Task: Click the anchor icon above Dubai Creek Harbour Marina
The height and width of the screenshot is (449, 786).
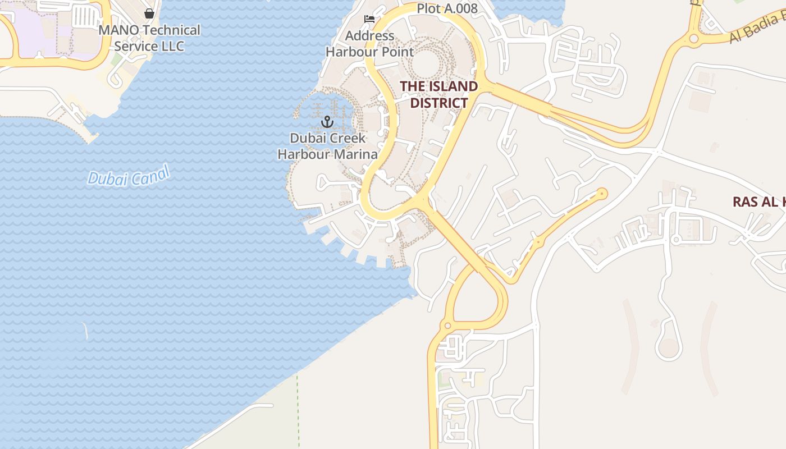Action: (x=327, y=121)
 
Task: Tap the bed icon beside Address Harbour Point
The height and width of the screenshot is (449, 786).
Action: (x=369, y=19)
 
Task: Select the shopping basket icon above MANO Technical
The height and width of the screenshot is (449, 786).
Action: (x=149, y=13)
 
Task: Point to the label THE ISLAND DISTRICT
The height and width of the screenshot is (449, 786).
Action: (x=438, y=94)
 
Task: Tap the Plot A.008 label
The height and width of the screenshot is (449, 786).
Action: (x=447, y=8)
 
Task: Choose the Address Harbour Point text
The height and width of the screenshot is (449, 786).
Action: (x=370, y=44)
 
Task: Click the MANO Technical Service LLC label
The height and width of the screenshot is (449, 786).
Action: (x=149, y=38)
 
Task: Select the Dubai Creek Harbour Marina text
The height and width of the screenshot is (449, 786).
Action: (x=327, y=146)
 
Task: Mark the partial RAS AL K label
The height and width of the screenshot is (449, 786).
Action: (x=758, y=202)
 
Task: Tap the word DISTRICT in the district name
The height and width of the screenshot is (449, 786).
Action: (x=438, y=103)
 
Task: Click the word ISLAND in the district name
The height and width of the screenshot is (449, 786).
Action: (x=454, y=86)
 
